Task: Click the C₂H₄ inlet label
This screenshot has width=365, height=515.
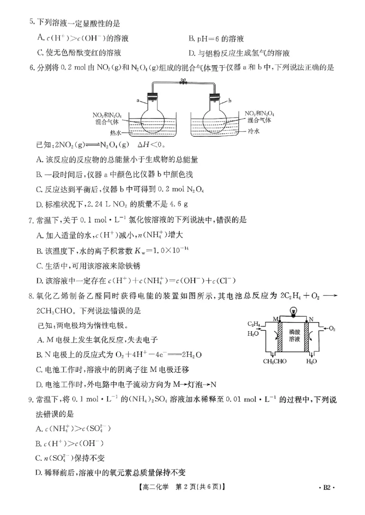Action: tap(254, 324)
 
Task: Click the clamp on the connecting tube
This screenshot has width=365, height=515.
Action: tap(184, 82)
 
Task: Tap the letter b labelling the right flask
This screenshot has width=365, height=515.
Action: tap(230, 99)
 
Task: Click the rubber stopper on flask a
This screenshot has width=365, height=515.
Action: tap(152, 96)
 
